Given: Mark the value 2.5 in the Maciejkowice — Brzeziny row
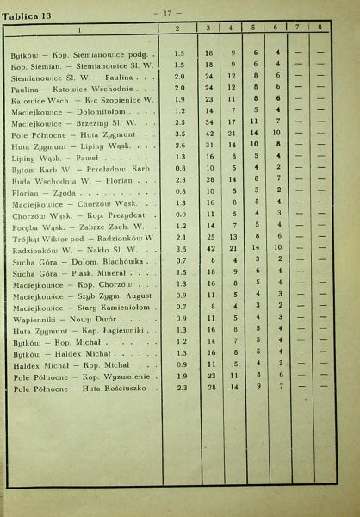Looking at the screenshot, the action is (180, 122).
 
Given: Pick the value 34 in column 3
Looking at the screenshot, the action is (209, 122).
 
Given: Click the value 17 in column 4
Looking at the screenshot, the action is (233, 122).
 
